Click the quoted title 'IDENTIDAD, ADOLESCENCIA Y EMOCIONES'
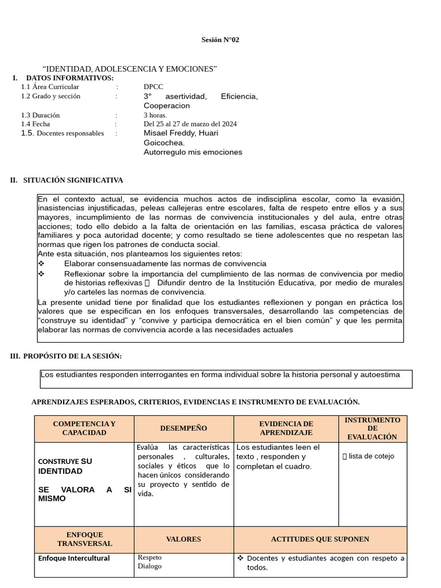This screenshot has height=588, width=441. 130,69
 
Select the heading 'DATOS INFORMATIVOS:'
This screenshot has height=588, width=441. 70,78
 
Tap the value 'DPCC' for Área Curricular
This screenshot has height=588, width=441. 153,87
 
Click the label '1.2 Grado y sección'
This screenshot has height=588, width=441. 51,96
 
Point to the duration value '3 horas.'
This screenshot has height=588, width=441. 155,115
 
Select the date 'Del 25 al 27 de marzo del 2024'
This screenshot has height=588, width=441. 190,124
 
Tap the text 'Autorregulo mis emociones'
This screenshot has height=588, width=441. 193,152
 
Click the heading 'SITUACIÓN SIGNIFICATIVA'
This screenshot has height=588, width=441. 73,180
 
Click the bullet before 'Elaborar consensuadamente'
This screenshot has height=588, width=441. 41,264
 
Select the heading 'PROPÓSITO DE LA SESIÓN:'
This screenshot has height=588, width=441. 72,356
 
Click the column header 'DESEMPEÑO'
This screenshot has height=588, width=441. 184,428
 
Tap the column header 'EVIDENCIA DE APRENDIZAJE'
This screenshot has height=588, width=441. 286,428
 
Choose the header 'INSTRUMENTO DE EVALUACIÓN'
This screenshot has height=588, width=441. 373,428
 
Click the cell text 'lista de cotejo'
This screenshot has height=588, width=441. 372,457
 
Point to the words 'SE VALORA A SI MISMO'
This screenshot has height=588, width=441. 84,494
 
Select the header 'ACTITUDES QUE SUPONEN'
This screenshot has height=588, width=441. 320,539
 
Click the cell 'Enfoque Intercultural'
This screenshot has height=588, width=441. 73,558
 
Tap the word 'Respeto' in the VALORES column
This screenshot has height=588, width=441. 150,558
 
